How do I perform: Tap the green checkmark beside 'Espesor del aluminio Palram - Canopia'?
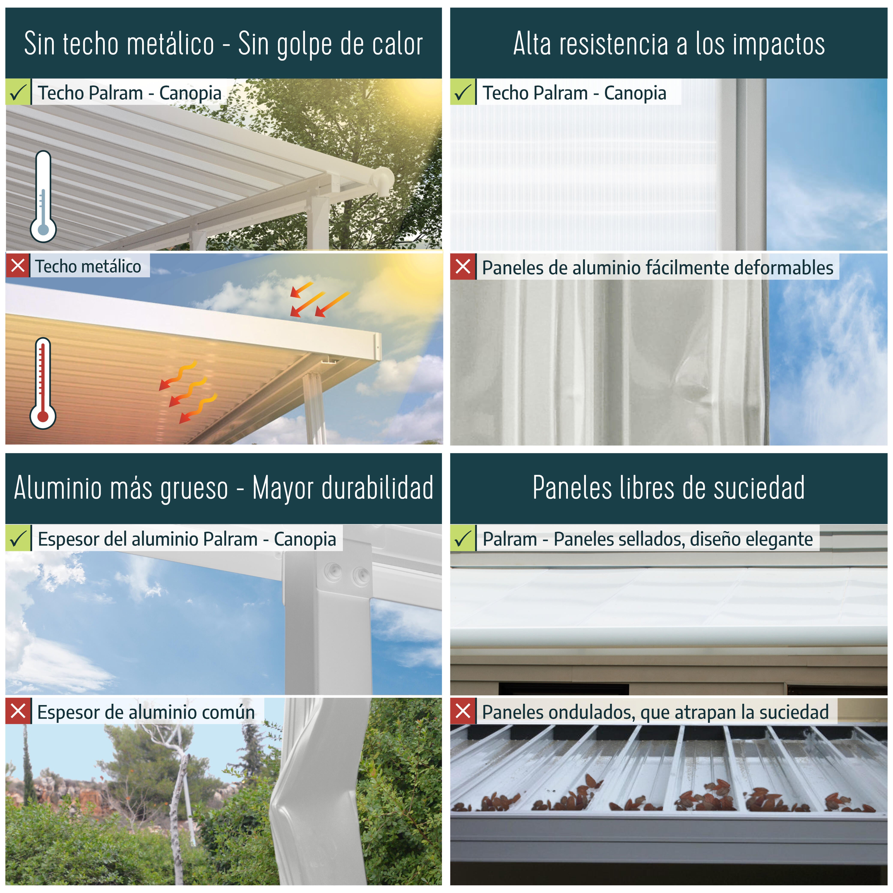(x=18, y=539)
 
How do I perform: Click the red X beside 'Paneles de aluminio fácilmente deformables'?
(x=463, y=267)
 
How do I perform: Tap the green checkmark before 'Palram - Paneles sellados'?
(x=463, y=539)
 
